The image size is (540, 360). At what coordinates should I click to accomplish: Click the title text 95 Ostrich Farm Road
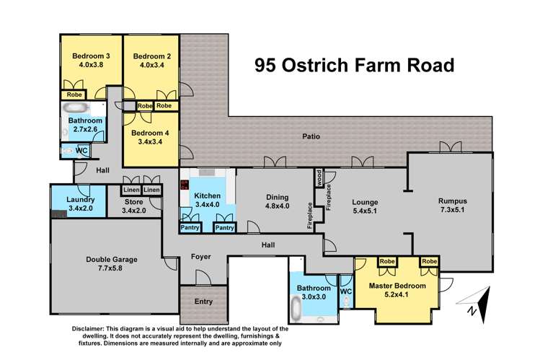tap(355, 66)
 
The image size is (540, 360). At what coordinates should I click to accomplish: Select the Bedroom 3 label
tap(91, 56)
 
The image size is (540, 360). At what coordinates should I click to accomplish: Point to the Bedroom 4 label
tap(151, 132)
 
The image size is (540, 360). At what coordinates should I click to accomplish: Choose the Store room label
tap(134, 201)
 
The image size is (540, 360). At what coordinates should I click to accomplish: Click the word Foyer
tap(200, 257)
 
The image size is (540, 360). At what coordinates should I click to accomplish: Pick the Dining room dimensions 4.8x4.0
tap(276, 207)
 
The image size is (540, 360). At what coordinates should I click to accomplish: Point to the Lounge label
tap(364, 202)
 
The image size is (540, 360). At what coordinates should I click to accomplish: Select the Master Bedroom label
tap(397, 286)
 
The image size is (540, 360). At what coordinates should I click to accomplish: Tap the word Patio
tap(311, 136)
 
